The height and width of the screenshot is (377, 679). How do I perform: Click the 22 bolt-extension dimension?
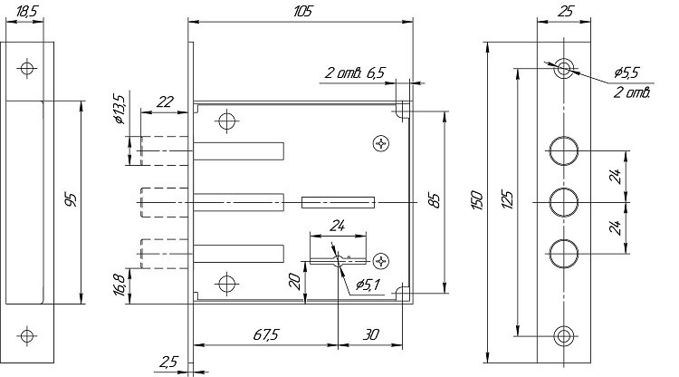pos(164,102)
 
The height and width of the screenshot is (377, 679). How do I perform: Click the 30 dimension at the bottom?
pos(370,334)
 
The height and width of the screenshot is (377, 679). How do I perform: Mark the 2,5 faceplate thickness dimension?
pos(168,362)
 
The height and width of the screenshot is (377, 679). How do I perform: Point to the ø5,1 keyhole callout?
pos(368,285)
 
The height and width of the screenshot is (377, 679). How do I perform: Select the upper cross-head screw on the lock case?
pos(381,142)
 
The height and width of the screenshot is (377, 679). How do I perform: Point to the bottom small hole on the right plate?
pos(564,333)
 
